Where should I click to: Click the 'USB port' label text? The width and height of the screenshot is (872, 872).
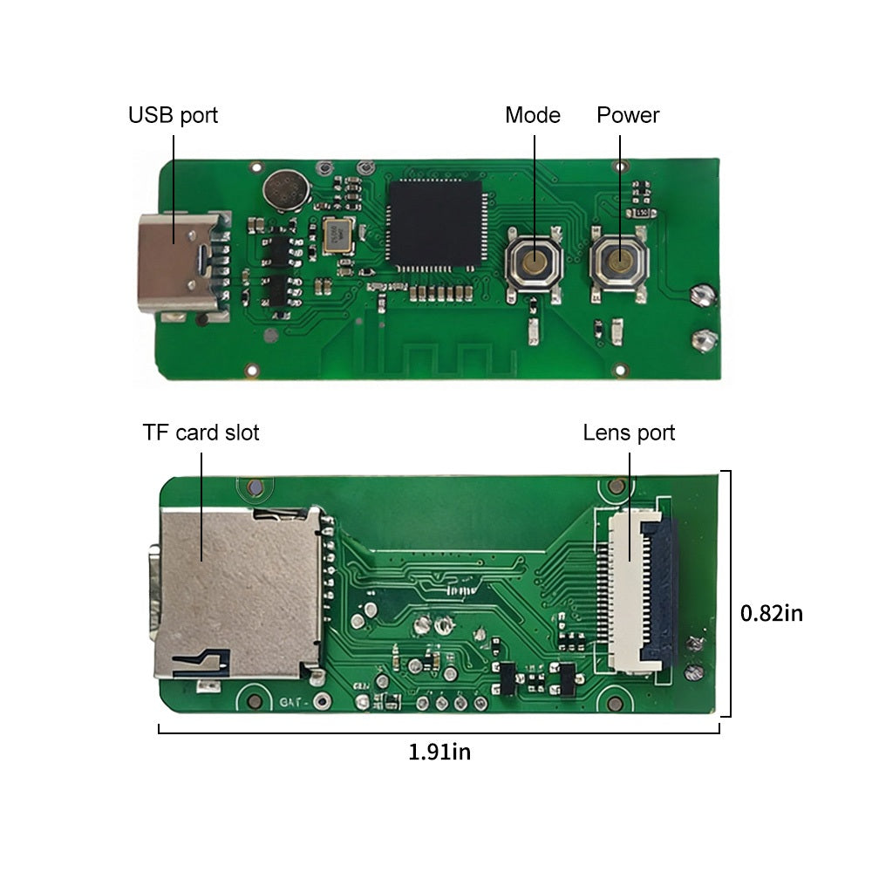click(x=173, y=115)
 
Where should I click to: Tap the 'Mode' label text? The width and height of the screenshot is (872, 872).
click(x=532, y=115)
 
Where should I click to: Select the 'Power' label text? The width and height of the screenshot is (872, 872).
click(x=627, y=115)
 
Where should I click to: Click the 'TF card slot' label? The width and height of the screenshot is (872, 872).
click(x=201, y=433)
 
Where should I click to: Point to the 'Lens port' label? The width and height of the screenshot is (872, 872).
click(x=629, y=433)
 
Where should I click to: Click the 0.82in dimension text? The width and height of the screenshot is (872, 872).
click(x=772, y=613)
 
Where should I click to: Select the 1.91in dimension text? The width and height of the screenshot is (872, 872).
click(x=439, y=752)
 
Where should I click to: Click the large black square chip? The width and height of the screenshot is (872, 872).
click(x=435, y=223)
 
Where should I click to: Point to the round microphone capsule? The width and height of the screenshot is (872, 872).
click(x=286, y=190)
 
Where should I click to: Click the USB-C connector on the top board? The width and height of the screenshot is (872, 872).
click(x=184, y=265)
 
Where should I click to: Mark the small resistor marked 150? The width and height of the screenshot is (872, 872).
click(x=641, y=213)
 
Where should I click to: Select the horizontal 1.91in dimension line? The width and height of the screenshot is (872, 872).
click(x=439, y=732)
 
